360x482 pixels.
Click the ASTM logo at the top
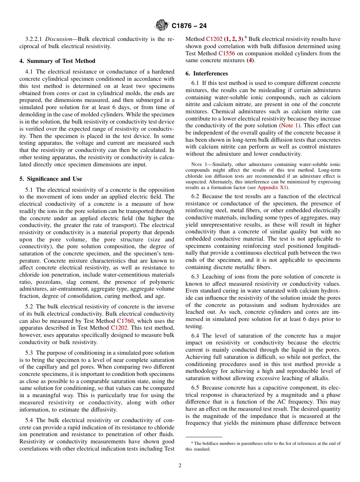(x=162, y=26)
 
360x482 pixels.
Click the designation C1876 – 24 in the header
(x=189, y=26)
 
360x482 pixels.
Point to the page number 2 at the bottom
(x=180, y=466)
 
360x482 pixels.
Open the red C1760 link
(x=125, y=321)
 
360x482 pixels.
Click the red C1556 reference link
(x=227, y=53)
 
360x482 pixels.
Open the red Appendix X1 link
(x=272, y=188)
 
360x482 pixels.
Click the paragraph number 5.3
(x=30, y=353)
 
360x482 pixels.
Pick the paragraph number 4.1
(x=30, y=72)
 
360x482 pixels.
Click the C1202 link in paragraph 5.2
(x=119, y=328)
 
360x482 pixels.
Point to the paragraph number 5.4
(x=30, y=420)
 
